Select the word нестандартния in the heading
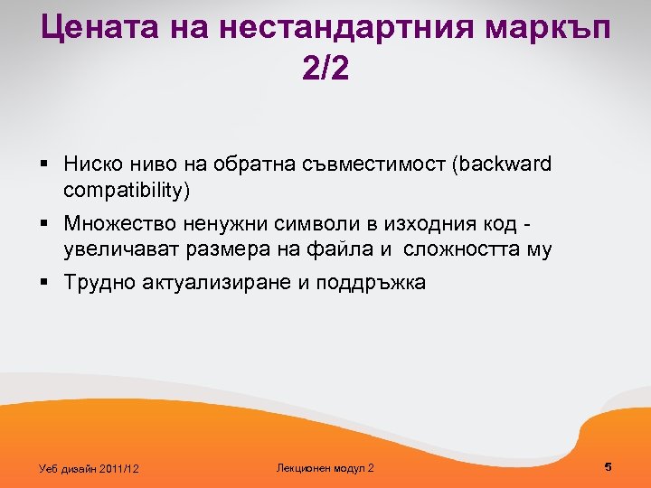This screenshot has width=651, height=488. (x=333, y=29)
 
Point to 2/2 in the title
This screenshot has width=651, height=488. (x=325, y=70)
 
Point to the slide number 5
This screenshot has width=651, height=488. (x=609, y=466)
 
